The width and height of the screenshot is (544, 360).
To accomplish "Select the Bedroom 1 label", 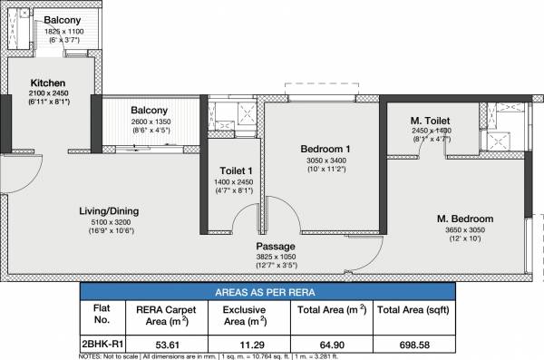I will (325, 149).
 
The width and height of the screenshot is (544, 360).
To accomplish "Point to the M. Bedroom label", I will (464, 219).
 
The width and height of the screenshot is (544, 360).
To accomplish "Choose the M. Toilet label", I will (431, 121).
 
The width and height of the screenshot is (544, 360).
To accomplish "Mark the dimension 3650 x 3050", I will (464, 230).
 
